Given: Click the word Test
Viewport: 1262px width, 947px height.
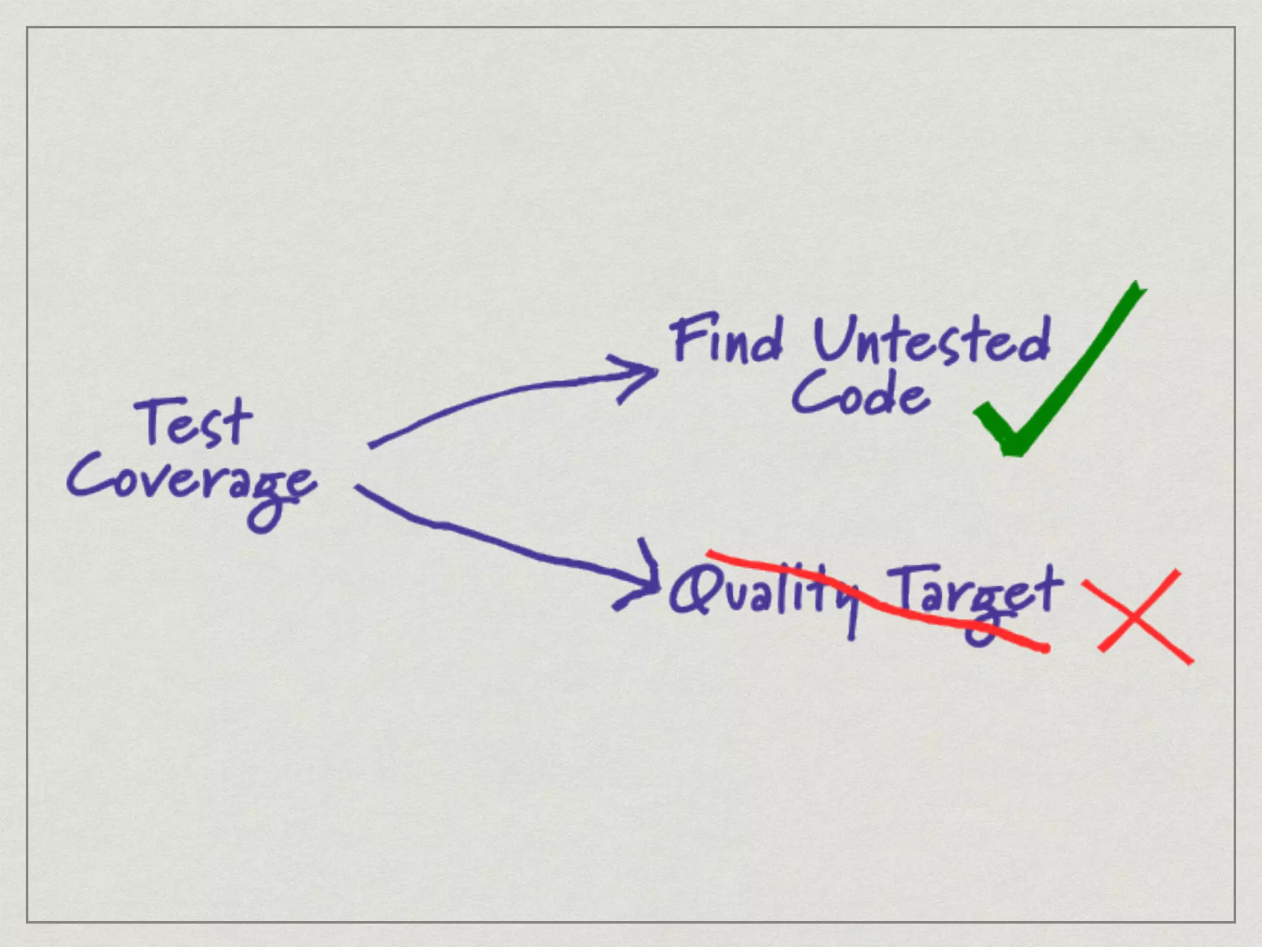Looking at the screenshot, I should coord(194,422).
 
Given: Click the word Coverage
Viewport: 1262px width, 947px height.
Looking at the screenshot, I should coord(191,484).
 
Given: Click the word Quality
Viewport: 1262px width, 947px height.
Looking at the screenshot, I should coord(764,592).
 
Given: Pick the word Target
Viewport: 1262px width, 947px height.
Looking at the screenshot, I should coord(977,595).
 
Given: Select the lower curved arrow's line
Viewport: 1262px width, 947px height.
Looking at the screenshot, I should coord(493,543).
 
